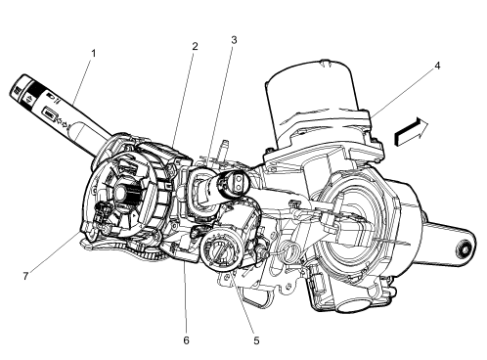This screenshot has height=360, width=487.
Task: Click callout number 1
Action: coord(92,53)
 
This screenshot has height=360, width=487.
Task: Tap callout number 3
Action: coord(234,41)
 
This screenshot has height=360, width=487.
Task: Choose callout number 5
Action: coord(255,341)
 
